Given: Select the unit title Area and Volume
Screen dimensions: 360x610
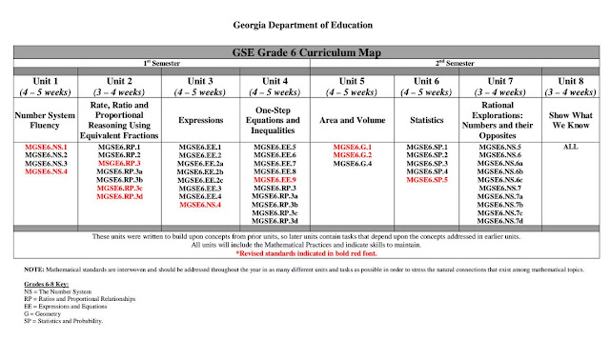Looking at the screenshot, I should click(x=352, y=121).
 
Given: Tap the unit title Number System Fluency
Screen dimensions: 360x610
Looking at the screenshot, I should click(x=39, y=121).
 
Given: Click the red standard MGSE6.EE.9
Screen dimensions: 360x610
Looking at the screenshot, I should click(x=274, y=179).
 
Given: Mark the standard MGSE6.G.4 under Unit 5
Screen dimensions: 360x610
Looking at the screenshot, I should click(x=352, y=164).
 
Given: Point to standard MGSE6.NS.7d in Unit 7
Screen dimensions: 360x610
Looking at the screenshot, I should click(x=500, y=220).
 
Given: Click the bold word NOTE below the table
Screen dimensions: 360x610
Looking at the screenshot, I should click(x=32, y=272).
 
